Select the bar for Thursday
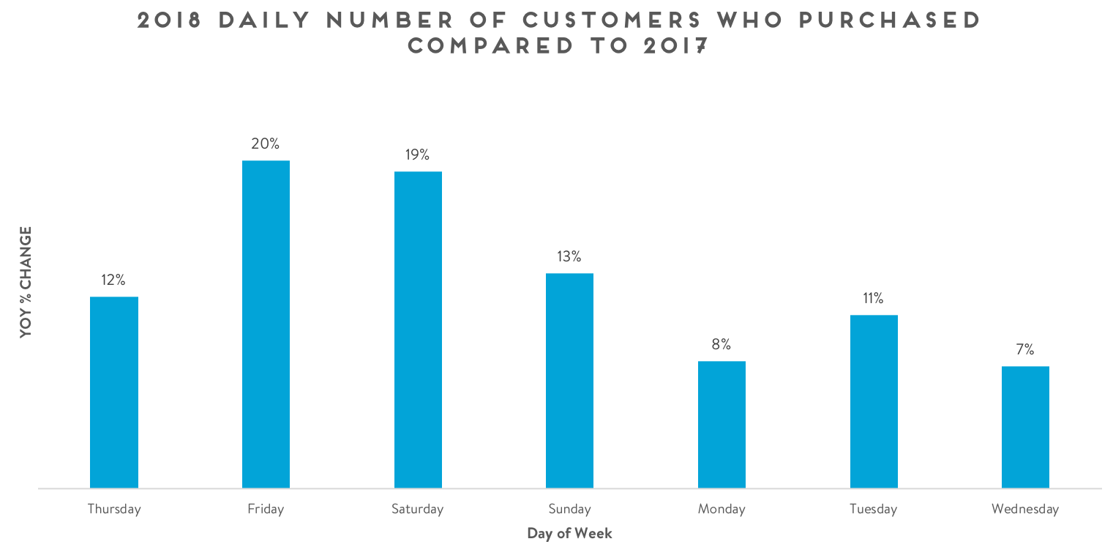point(113,392)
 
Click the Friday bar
point(266,324)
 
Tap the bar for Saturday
point(418,330)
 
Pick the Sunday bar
point(569,380)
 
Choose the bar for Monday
point(722,424)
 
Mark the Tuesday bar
point(874,401)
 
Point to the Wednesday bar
point(1025,427)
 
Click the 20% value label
point(266,144)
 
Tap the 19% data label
point(418,155)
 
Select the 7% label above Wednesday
point(1025,349)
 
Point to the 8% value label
point(722,344)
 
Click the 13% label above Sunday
point(569,256)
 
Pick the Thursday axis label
point(113,509)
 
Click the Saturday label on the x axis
point(418,509)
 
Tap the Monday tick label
point(722,509)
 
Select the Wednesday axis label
point(1025,509)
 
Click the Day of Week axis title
point(569,533)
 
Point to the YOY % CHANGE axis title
point(26,282)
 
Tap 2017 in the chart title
point(676,45)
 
